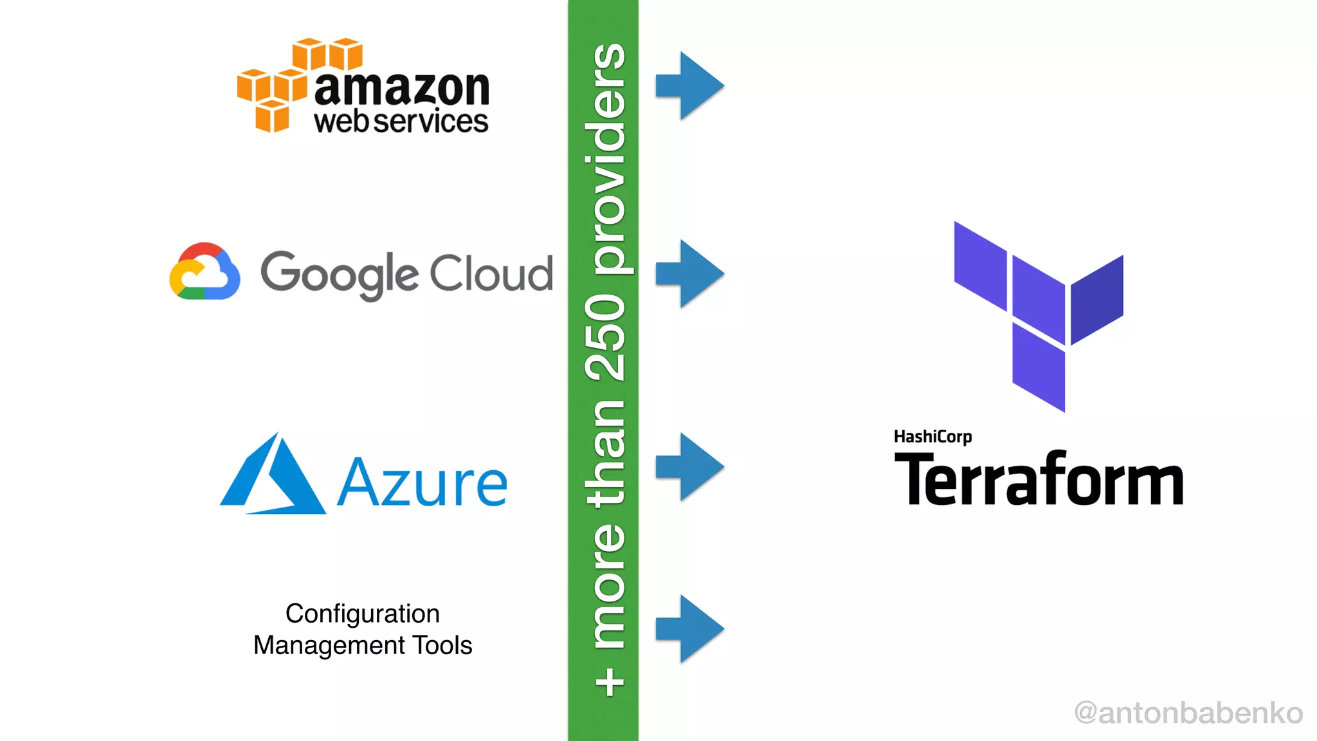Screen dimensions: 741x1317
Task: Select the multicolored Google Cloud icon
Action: [204, 272]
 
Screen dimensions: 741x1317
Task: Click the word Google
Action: [340, 275]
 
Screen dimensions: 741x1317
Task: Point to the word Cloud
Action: [491, 273]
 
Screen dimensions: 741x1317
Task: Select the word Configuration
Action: [363, 614]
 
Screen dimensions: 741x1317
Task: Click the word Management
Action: [329, 646]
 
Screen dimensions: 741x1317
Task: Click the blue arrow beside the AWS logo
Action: [690, 86]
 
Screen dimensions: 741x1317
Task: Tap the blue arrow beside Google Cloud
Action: [690, 273]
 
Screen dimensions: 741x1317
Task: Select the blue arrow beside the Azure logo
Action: [690, 467]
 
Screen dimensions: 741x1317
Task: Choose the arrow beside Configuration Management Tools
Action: [690, 629]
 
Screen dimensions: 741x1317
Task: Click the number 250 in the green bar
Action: [604, 337]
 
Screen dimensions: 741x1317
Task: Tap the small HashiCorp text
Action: [932, 437]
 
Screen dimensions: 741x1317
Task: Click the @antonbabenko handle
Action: [1188, 713]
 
